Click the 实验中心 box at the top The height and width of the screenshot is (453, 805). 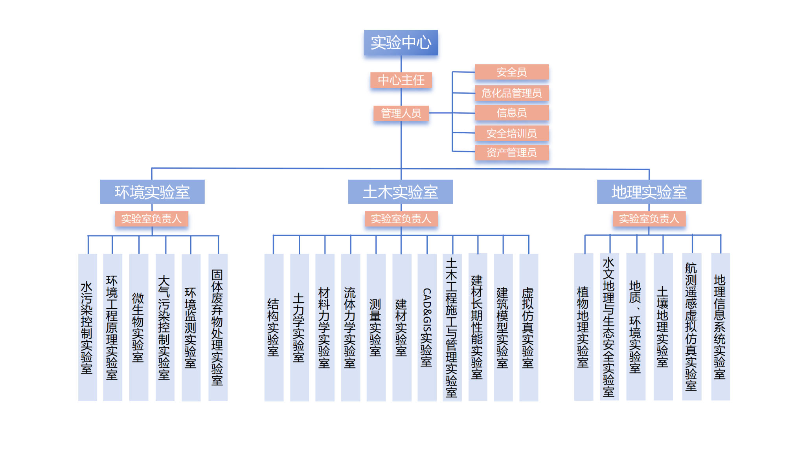click(x=401, y=42)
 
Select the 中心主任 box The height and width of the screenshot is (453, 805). click(x=401, y=80)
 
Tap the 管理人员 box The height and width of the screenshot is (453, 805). click(x=401, y=113)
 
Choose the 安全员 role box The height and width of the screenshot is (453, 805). click(x=511, y=72)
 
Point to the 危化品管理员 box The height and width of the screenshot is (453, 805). click(x=511, y=93)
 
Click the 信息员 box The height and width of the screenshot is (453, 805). click(x=511, y=113)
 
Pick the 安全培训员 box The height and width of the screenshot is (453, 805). click(x=511, y=133)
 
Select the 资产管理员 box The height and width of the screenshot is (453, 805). click(x=511, y=153)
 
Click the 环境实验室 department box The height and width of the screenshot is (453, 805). click(x=152, y=192)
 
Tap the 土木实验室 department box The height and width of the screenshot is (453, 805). click(x=400, y=192)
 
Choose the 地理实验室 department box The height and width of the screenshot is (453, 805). click(x=649, y=192)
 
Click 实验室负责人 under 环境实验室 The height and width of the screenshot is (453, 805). click(x=151, y=219)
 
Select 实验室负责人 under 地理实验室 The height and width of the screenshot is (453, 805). click(x=649, y=219)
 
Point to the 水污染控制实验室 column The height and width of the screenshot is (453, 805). click(x=87, y=327)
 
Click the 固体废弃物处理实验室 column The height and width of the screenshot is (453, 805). click(x=218, y=327)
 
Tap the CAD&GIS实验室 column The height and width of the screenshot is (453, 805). click(x=427, y=327)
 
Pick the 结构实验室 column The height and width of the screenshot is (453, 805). click(x=274, y=327)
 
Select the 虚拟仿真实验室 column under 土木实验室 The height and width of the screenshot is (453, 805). click(x=528, y=327)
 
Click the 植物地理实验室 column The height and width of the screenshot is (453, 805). click(x=583, y=327)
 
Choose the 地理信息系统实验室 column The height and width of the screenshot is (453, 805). click(x=720, y=327)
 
